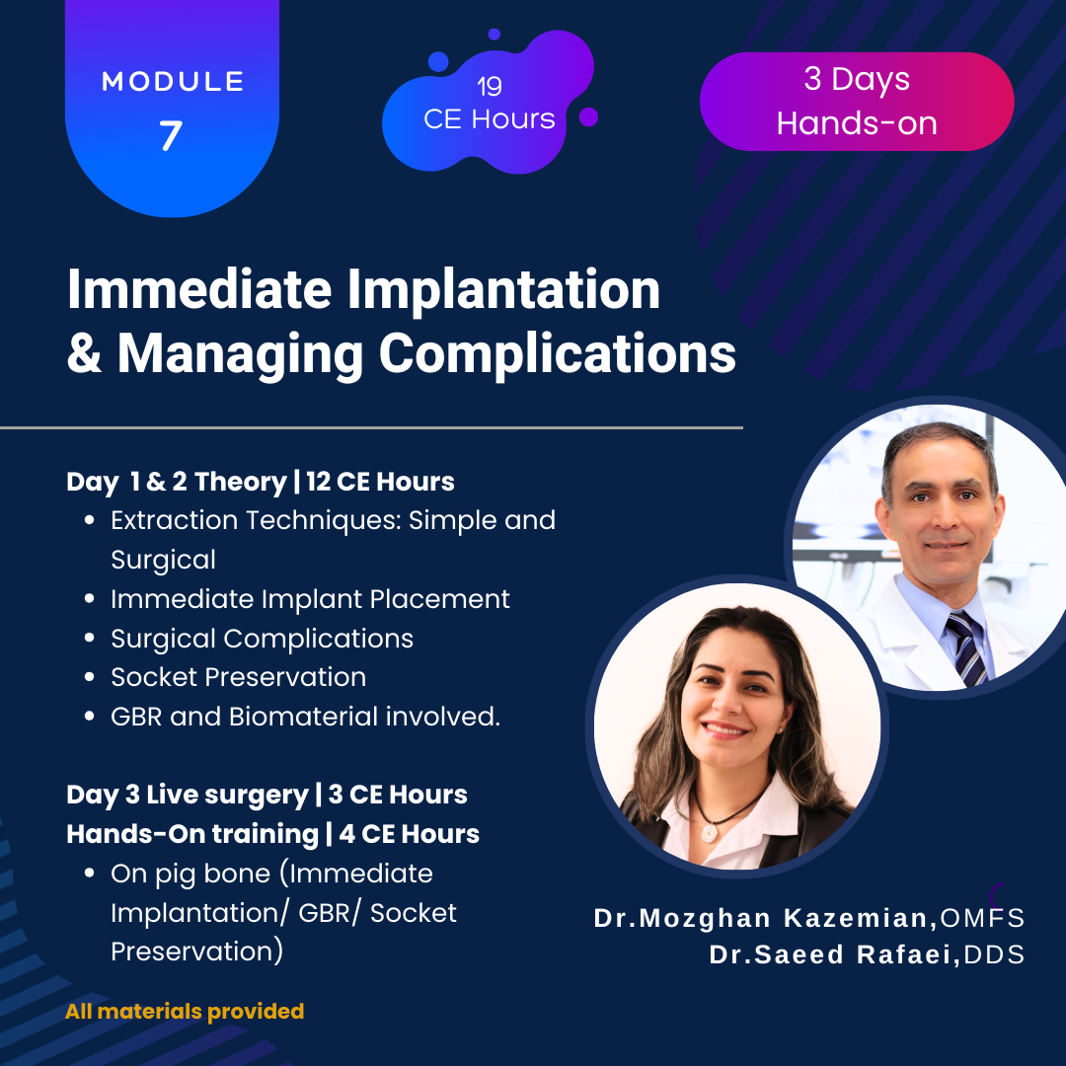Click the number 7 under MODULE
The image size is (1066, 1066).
pos(171,134)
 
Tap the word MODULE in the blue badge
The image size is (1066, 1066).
pos(173,82)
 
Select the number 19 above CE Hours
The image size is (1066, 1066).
pos(490,86)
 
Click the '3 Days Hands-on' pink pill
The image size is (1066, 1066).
pos(857,102)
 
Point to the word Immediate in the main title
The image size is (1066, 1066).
pos(199,289)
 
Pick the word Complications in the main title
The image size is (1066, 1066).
pos(558,355)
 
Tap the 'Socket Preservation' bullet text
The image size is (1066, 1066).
pos(239,677)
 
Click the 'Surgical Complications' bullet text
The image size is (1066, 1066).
pos(262,639)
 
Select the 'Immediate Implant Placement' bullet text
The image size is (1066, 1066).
pos(310,599)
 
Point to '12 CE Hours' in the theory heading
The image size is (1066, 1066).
pos(380,482)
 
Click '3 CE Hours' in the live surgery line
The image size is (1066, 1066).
pos(398,794)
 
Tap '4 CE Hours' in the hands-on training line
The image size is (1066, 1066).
pos(410,833)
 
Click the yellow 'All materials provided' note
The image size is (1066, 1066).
pos(185,1012)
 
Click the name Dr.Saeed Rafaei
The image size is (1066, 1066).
pos(834,954)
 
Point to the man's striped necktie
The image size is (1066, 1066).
pos(966,647)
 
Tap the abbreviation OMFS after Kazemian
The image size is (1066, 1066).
pos(982,919)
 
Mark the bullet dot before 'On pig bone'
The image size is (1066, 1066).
pos(89,873)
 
